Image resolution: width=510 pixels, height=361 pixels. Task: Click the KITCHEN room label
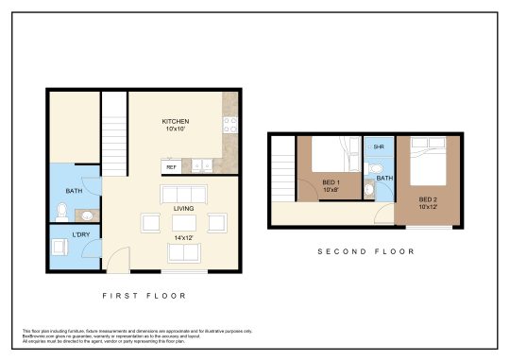[x=176, y=122]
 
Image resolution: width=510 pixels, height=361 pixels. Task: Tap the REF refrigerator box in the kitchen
[x=171, y=167]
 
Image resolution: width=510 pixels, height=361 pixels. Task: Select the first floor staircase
[x=114, y=133]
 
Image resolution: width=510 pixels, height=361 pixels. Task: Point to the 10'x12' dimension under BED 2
[x=429, y=207]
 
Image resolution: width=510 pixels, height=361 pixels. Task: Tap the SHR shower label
[x=379, y=147]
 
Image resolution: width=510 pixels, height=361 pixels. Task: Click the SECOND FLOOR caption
[x=365, y=251]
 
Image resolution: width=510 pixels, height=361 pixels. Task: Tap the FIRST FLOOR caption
[x=144, y=296]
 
